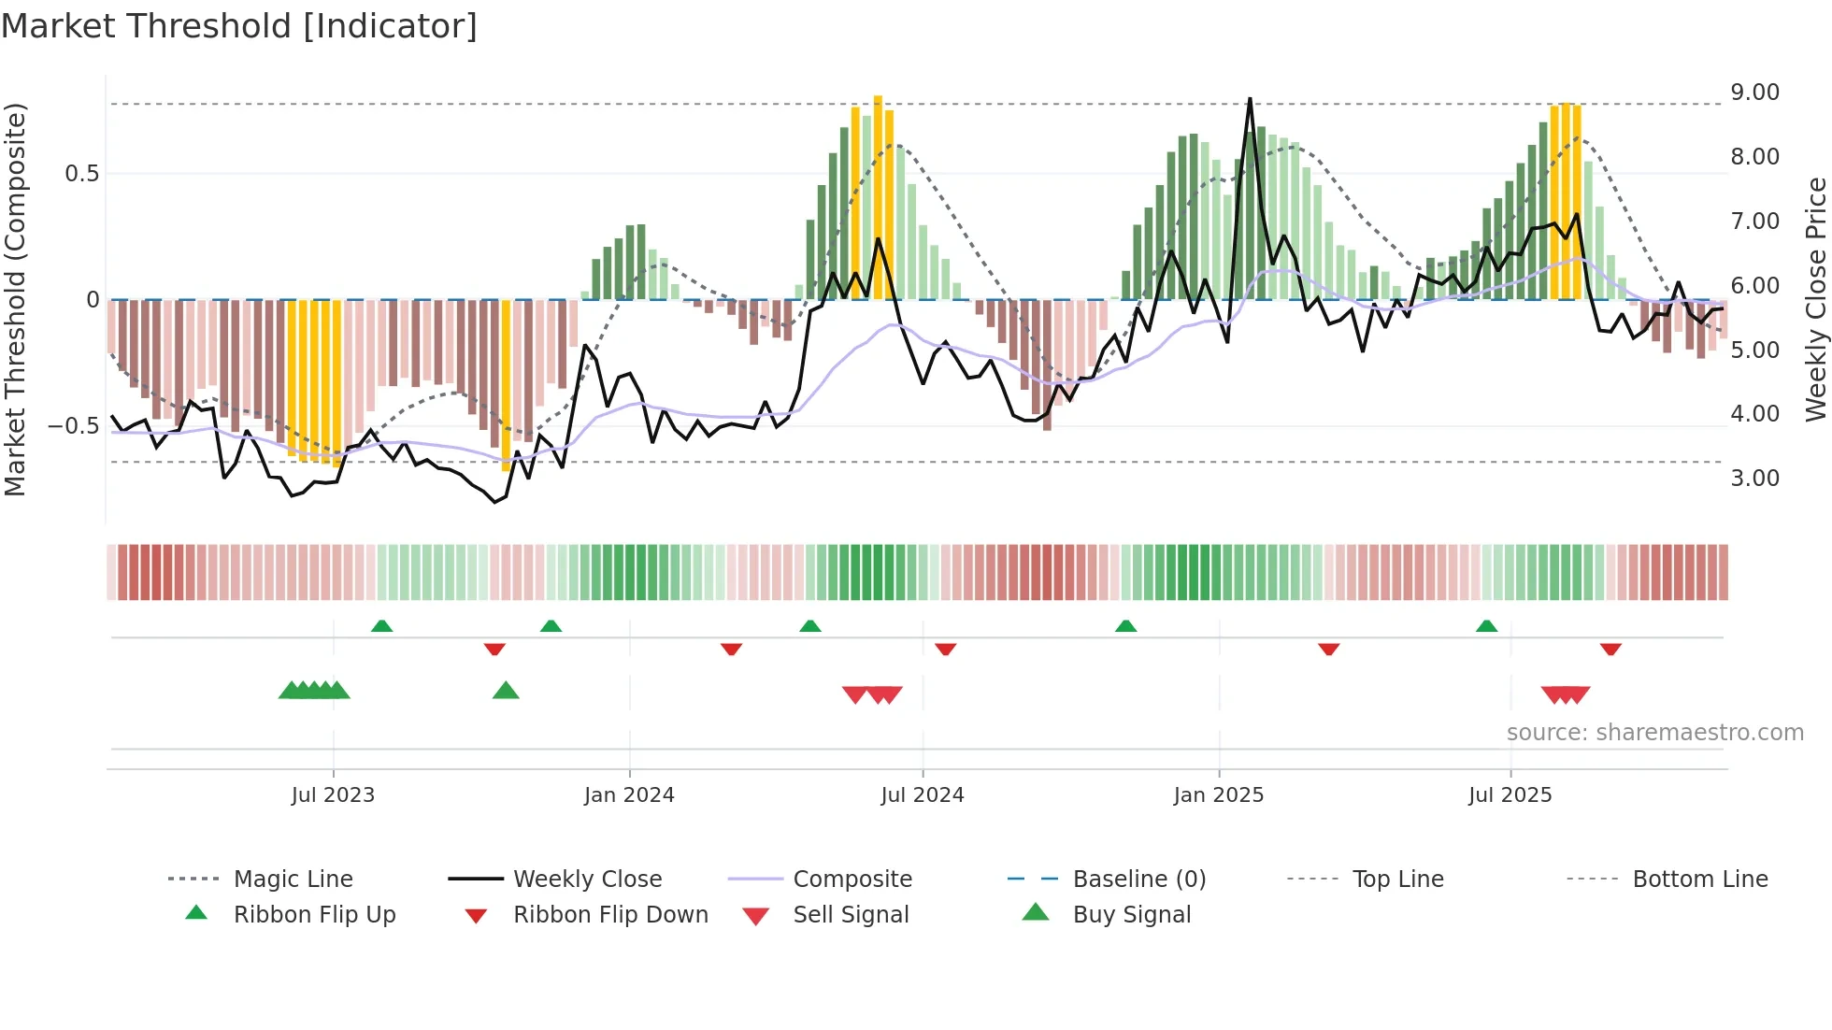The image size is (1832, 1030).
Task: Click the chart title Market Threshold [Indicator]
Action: pos(239,26)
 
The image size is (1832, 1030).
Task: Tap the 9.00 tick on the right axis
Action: pos(1754,93)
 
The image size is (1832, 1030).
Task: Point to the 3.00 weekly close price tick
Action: pos(1754,479)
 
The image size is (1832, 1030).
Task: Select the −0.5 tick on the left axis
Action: pos(73,426)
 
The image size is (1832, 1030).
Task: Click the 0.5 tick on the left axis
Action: pos(81,174)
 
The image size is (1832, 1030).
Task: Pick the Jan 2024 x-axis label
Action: pos(629,795)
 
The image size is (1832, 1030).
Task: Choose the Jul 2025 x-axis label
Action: pos(1510,795)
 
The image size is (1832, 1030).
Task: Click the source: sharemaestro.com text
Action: pos(1654,733)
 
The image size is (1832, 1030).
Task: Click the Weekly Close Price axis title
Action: pos(1815,299)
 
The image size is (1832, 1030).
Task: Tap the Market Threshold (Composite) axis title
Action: pos(15,299)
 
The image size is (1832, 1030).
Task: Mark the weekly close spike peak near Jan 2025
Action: pos(1250,99)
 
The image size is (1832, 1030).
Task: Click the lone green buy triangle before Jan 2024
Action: pos(506,691)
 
